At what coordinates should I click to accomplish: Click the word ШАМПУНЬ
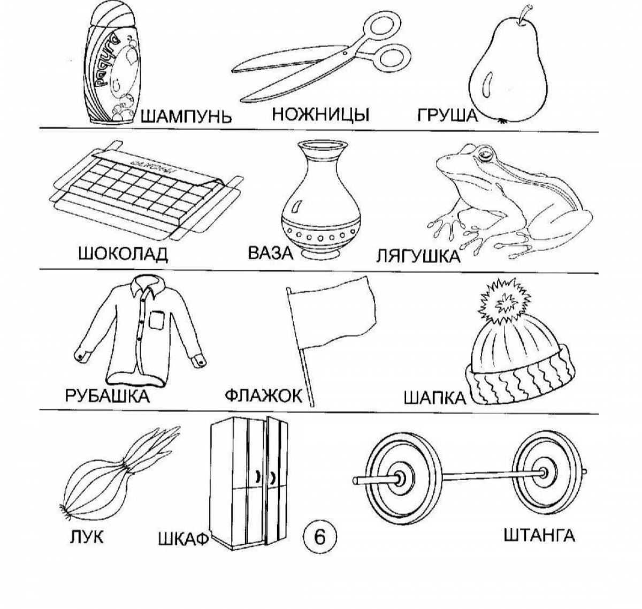point(186,116)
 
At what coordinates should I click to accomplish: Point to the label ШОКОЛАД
point(123,254)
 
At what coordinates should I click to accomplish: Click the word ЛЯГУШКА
point(418,256)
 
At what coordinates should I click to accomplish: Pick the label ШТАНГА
point(539,520)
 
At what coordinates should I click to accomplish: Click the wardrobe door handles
point(266,476)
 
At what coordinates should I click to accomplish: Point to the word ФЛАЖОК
point(263,396)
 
